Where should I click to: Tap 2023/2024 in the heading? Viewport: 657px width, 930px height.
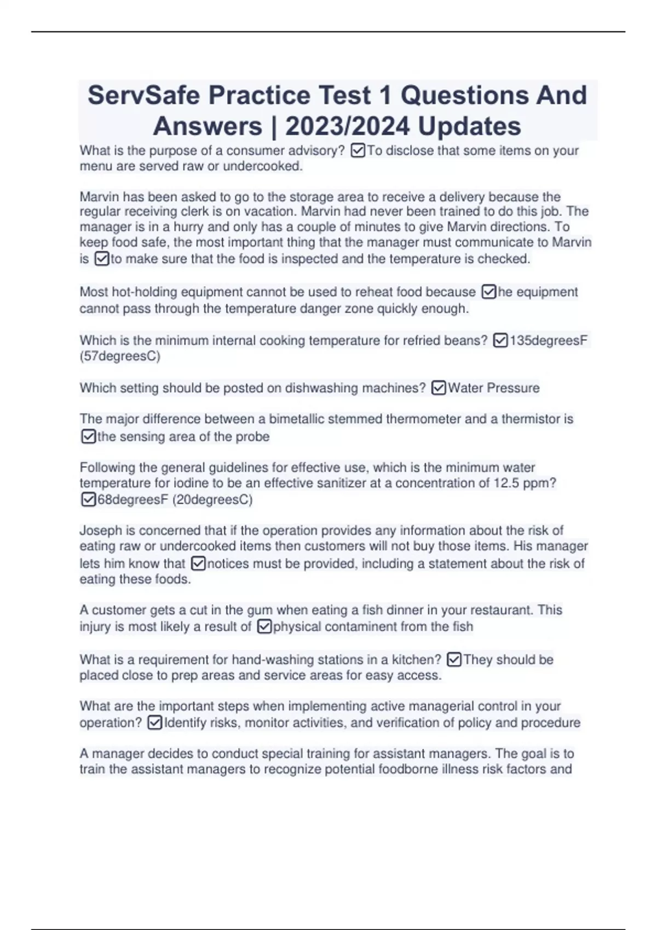coord(347,126)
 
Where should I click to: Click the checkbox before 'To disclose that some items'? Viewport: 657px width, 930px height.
coord(358,150)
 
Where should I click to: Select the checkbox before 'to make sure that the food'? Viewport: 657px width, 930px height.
coord(102,259)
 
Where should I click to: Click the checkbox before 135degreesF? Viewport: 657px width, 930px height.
coord(500,341)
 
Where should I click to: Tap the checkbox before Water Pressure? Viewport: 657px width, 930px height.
coord(439,388)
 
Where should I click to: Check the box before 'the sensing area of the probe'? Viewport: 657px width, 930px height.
coord(88,437)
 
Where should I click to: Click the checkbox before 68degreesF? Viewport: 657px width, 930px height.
coord(88,499)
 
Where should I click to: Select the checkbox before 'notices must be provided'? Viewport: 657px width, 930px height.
coord(198,563)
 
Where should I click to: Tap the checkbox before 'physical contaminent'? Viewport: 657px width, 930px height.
coord(264,626)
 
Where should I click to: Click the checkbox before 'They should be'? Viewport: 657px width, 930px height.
coord(454,660)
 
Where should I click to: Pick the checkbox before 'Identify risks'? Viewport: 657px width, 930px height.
coord(155,723)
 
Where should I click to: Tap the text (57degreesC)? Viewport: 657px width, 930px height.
coord(120,356)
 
